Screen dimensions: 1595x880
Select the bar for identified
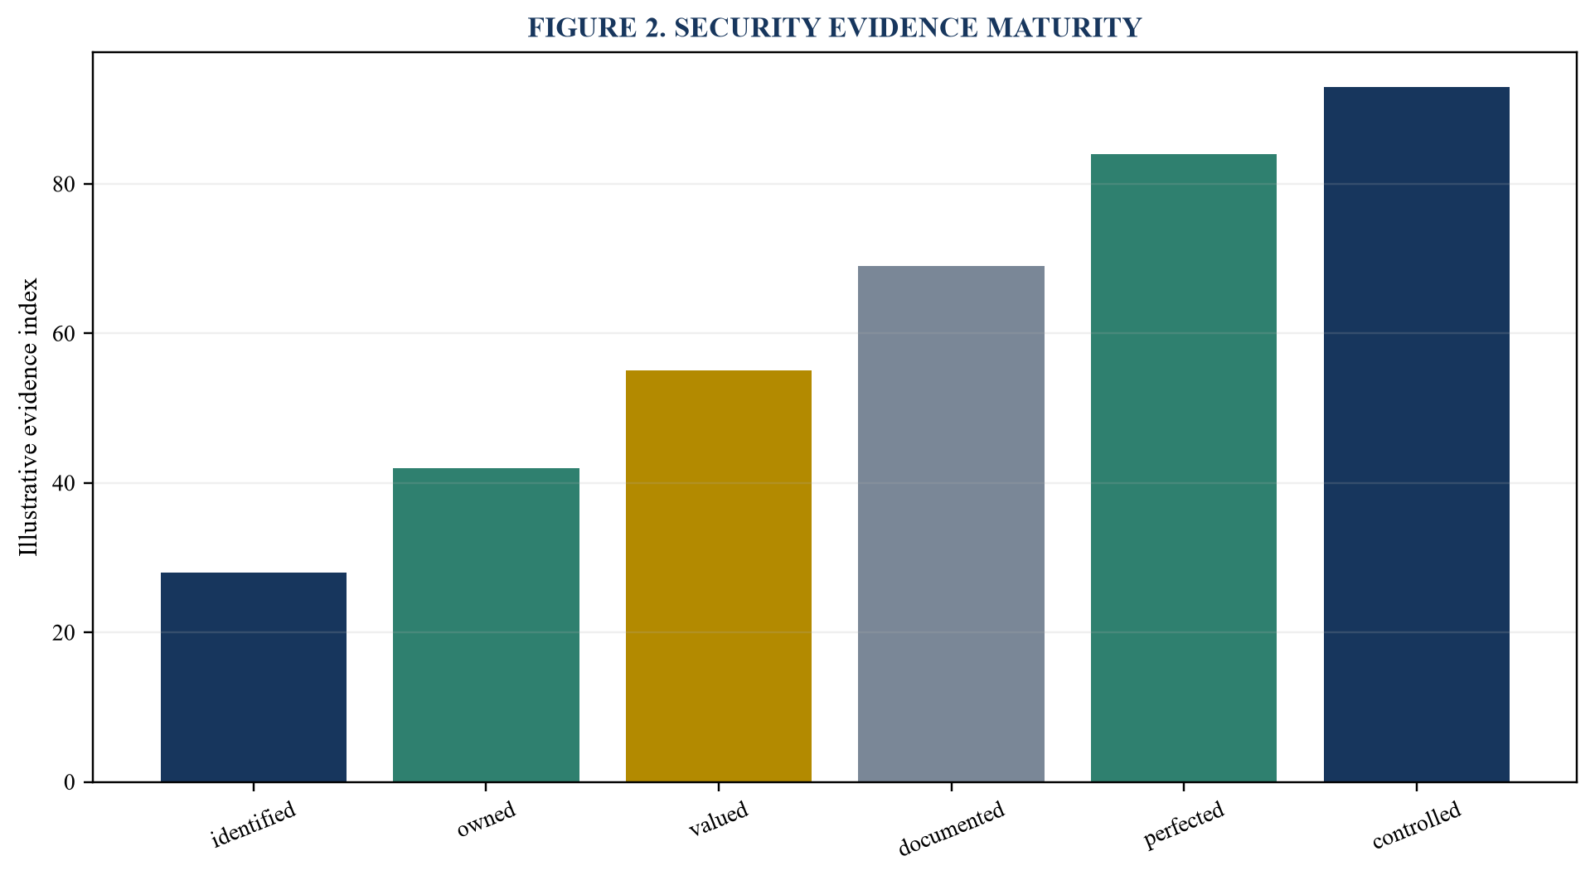pos(254,677)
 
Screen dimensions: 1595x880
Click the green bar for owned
pos(486,625)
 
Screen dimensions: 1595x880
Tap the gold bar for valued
pos(719,576)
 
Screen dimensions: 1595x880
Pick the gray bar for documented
pos(951,524)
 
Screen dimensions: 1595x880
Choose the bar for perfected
pos(1184,468)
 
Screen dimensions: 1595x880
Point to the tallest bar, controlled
pos(1417,434)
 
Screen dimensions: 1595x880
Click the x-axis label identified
pos(254,824)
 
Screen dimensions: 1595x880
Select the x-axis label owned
pos(487,820)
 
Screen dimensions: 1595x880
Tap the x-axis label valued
pos(719,820)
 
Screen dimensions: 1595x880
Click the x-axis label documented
pos(952,828)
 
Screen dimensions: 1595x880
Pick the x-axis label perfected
pos(1184,825)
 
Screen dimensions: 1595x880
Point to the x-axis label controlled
pos(1417,825)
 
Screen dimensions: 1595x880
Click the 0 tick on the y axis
pos(69,782)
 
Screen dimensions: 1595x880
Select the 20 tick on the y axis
pos(63,633)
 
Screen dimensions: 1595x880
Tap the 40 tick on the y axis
pos(63,483)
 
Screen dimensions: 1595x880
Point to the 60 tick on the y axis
pos(63,334)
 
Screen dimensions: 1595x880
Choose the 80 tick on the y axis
pos(63,184)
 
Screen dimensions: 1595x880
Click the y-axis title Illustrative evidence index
pos(28,417)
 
